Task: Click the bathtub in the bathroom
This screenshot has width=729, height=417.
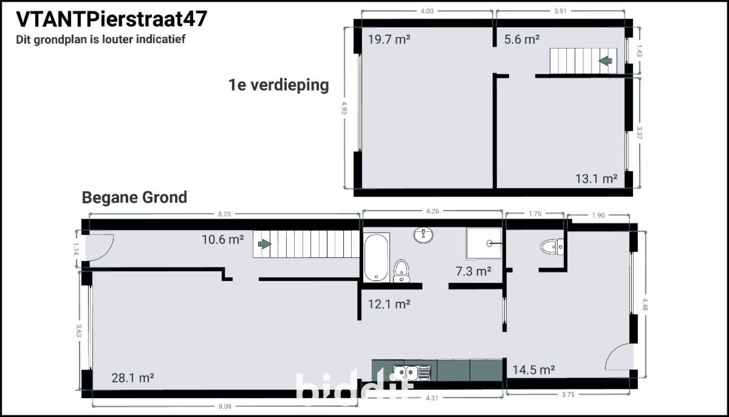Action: pyautogui.click(x=376, y=257)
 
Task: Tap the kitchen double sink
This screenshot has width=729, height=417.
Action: pyautogui.click(x=412, y=373)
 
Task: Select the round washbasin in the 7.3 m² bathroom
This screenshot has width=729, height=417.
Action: pyautogui.click(x=423, y=235)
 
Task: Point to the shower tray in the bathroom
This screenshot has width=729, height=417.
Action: pyautogui.click(x=484, y=243)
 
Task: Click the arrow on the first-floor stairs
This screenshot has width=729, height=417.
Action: pyautogui.click(x=606, y=61)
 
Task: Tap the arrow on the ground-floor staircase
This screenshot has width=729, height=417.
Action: pyautogui.click(x=265, y=244)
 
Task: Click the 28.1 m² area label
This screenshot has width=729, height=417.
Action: pyautogui.click(x=133, y=378)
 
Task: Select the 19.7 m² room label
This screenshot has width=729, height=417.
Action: pyautogui.click(x=389, y=39)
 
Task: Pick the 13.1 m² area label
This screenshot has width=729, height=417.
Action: pyautogui.click(x=596, y=178)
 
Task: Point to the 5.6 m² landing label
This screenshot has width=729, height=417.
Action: pyautogui.click(x=522, y=39)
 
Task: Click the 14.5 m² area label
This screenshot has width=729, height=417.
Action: pyautogui.click(x=534, y=370)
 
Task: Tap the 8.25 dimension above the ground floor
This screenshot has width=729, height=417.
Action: pyautogui.click(x=225, y=214)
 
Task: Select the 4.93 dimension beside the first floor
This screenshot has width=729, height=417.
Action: pyautogui.click(x=344, y=108)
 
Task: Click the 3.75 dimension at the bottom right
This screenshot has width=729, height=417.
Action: pyautogui.click(x=568, y=395)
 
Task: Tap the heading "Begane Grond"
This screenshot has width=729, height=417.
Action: pyautogui.click(x=134, y=198)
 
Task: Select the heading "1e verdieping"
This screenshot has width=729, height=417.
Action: pyautogui.click(x=279, y=85)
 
